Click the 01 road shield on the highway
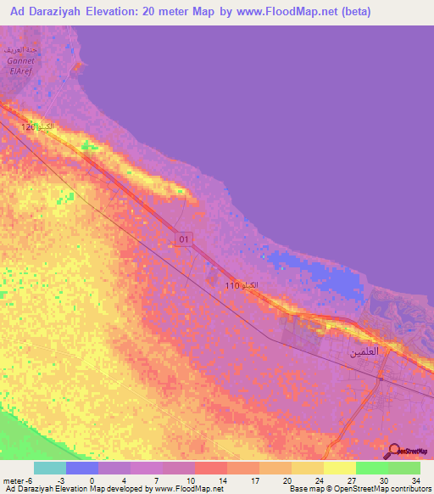[185, 240]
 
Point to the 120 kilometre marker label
[37, 127]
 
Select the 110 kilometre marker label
[242, 286]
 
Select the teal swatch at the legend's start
[50, 468]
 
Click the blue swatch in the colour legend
[82, 468]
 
